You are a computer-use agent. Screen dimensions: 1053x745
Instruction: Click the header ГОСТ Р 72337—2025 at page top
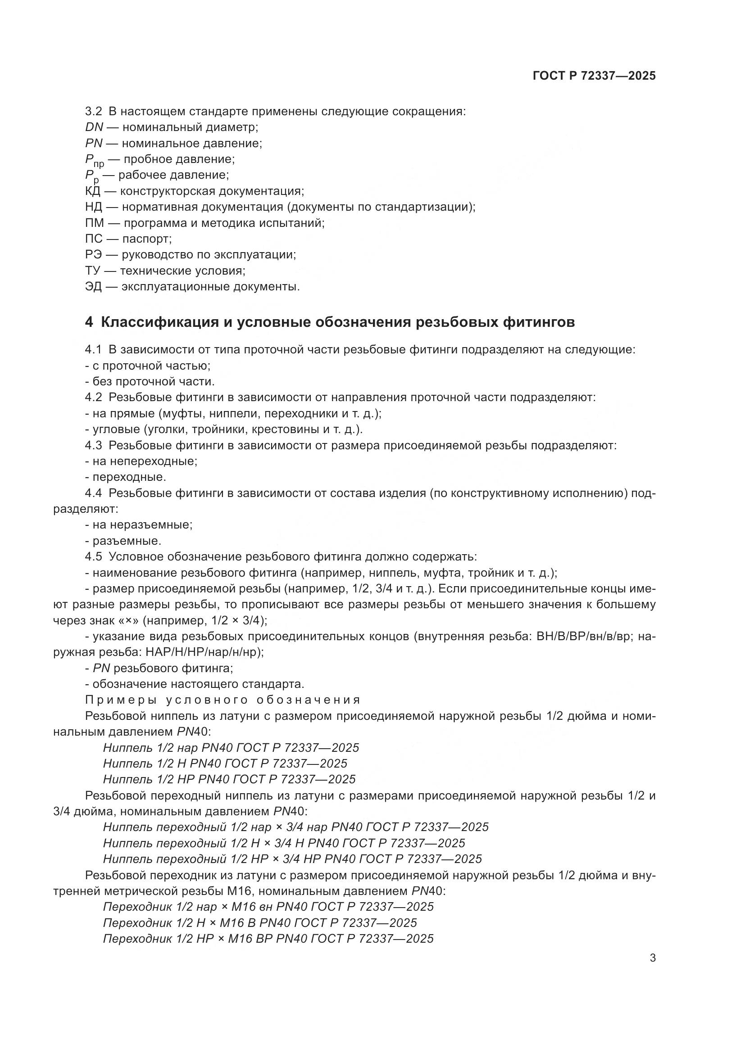pos(594,76)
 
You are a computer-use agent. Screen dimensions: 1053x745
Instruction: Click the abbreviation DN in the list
pos(94,127)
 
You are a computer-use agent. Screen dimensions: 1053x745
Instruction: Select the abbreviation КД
pos(93,191)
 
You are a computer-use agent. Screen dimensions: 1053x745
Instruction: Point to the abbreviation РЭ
pos(94,254)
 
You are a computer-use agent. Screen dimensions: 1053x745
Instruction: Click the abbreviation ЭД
pos(93,287)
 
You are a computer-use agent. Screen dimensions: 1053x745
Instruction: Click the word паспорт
pos(147,239)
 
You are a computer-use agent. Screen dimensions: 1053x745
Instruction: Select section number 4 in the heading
pos(89,322)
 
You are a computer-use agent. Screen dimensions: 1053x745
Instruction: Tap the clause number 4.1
pos(93,349)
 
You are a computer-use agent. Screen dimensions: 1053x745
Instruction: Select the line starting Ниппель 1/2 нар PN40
pos(231,748)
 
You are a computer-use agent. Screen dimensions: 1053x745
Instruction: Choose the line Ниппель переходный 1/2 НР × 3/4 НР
pos(292,859)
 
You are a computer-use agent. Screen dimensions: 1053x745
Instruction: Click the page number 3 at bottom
pos(653,958)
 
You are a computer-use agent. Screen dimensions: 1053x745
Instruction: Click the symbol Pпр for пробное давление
pos(94,160)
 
